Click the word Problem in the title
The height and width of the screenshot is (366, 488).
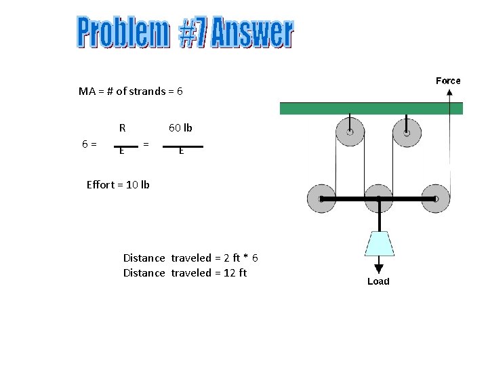coord(122,34)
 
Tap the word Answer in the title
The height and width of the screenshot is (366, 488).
coord(252,34)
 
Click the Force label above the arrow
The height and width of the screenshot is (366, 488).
coord(448,81)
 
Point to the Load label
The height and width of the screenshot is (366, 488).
coord(378,281)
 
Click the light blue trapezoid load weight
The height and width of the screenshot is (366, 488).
coord(379,243)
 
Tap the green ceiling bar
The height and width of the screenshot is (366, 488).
coord(371,108)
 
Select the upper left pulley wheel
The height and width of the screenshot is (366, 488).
coord(350,133)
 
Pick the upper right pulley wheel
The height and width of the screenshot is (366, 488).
coord(407,133)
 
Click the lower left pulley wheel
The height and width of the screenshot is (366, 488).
coord(321,199)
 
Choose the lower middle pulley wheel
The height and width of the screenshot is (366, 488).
coord(379,199)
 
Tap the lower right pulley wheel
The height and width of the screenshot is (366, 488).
coord(435,199)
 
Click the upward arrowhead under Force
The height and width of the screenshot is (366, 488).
coord(449,93)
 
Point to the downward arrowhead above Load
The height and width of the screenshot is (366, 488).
coord(379,269)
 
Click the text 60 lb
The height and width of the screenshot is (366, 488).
coord(180,127)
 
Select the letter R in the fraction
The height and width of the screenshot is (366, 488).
coord(122,127)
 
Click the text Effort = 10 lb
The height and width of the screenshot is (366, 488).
coord(118,184)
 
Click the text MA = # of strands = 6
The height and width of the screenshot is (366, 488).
coord(131,91)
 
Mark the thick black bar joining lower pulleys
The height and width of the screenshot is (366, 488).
coord(378,199)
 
